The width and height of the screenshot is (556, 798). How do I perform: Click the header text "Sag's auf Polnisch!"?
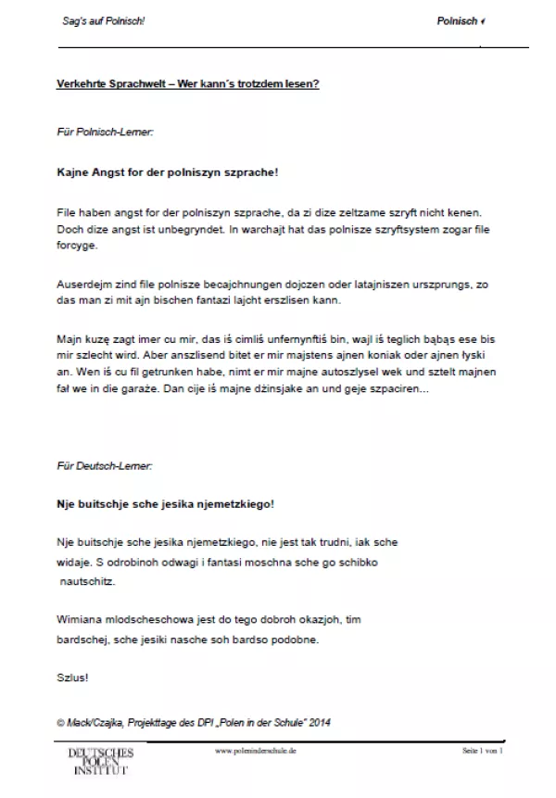(97, 21)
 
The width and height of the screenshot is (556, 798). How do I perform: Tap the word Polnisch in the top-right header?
(457, 21)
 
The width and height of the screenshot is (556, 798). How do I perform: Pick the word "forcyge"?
(75, 247)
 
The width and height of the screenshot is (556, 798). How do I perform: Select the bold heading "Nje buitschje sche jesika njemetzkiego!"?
(166, 505)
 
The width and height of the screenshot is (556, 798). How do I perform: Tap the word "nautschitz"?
(85, 579)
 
